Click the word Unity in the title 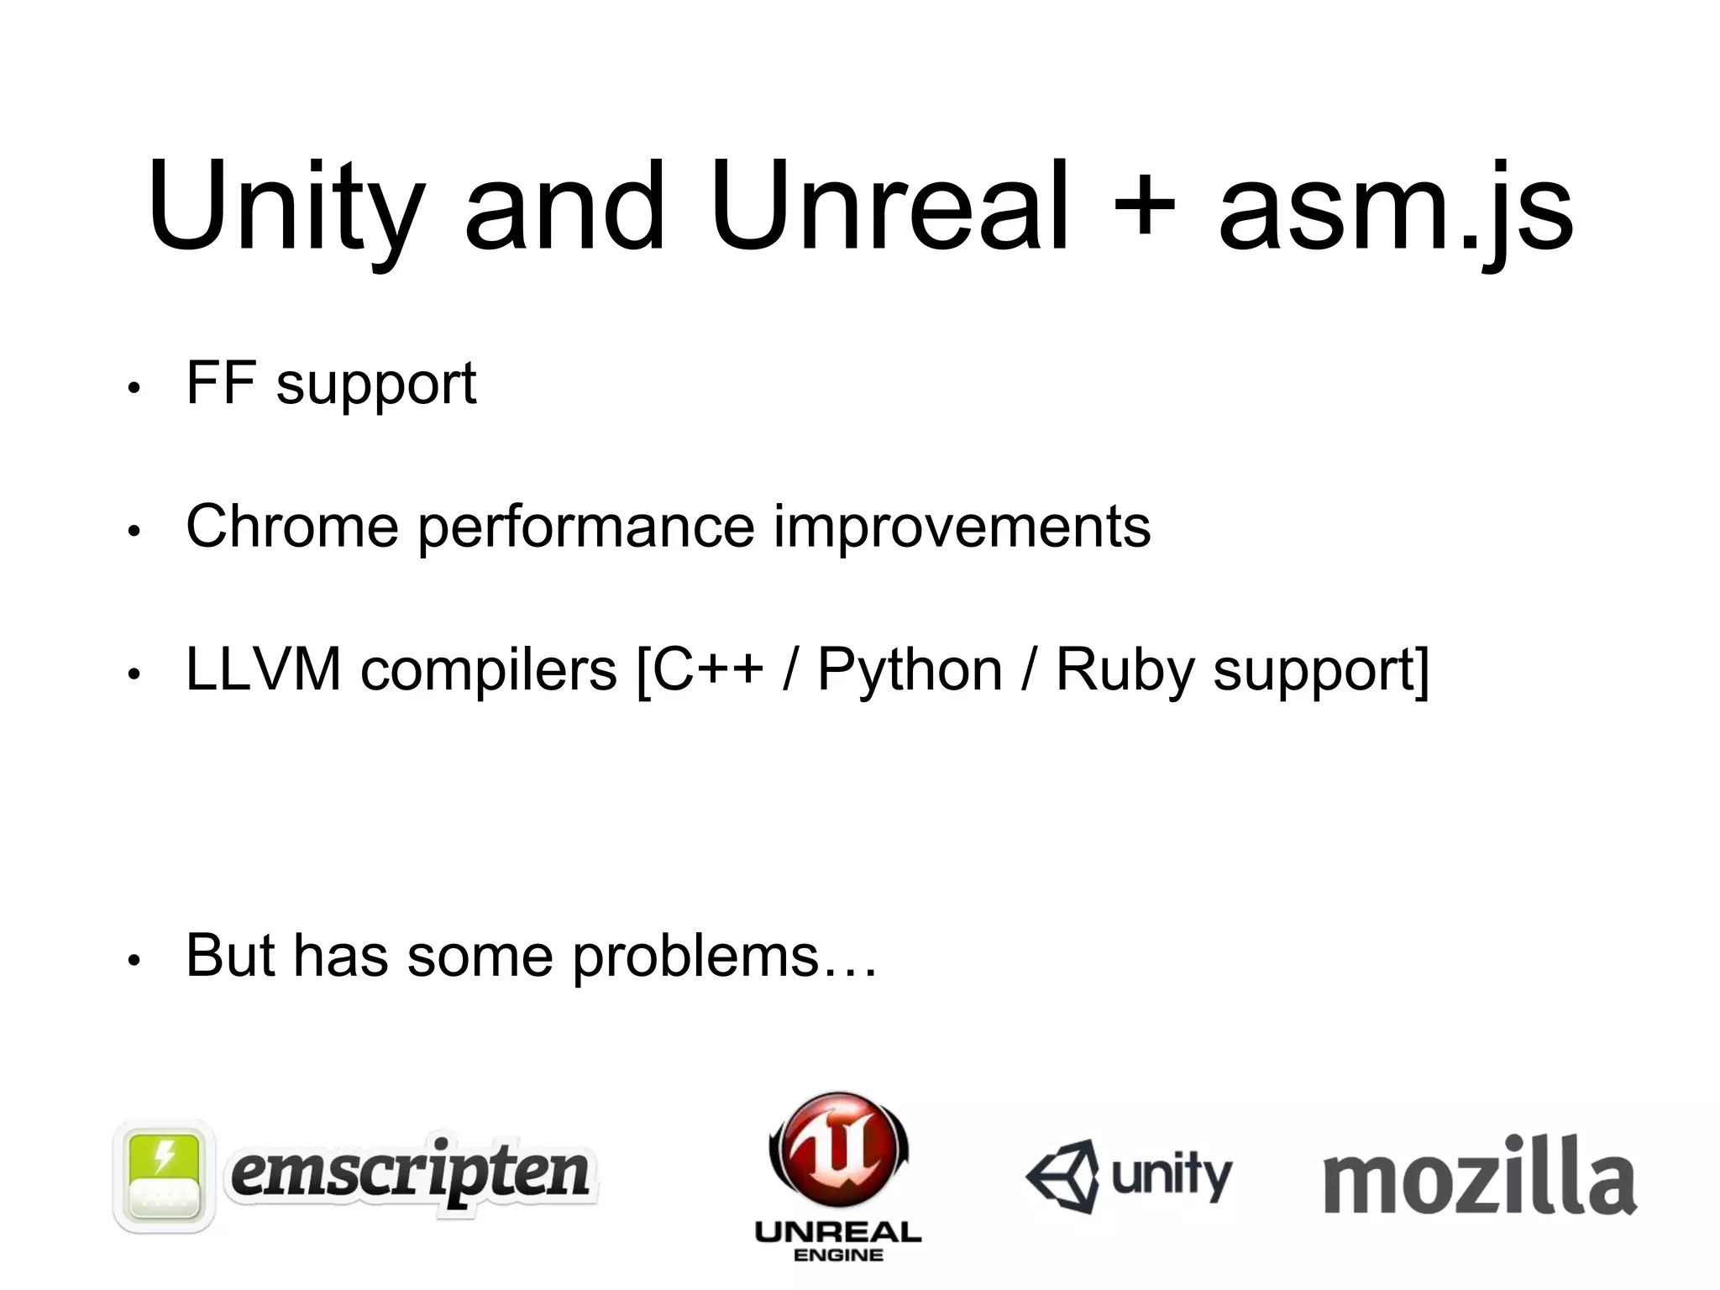286,208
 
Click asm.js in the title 1395,208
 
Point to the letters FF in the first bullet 221,383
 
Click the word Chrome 291,527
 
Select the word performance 585,528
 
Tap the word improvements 962,528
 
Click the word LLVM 263,669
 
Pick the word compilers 489,671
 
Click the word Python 910,671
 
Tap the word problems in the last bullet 695,957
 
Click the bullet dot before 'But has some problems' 133,961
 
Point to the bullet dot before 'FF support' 133,388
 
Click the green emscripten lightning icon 165,1176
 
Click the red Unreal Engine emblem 838,1151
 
